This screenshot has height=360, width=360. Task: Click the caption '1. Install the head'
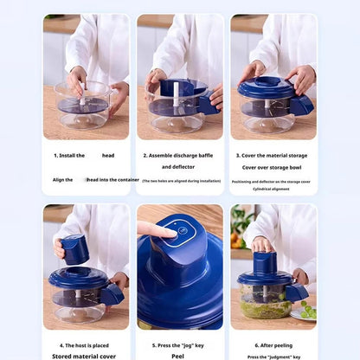point(84,155)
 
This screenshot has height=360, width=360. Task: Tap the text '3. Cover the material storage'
point(273,155)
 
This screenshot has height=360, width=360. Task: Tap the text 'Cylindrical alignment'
point(273,189)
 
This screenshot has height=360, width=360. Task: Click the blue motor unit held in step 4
point(76,249)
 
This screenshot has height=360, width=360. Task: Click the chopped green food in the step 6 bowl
point(265,309)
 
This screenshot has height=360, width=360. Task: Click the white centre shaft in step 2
point(172,96)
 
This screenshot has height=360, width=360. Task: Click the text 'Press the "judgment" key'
point(273,356)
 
